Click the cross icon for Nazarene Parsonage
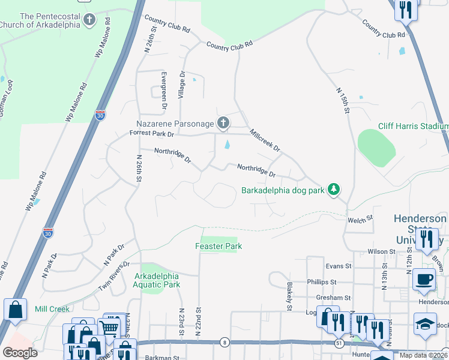223,124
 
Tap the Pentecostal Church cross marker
89,20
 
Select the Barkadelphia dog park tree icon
334,190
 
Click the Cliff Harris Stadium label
413,126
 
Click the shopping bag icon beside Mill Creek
15,310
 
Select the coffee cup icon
424,279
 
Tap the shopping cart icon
109,328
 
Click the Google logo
20,352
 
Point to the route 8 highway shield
224,342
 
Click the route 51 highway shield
339,343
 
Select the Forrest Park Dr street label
151,134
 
